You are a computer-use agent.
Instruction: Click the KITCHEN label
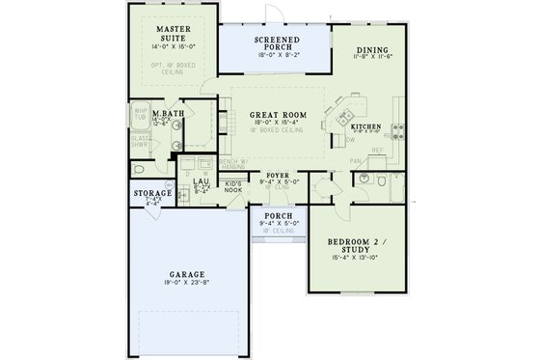366,127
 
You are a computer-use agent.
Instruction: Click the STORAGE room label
152,194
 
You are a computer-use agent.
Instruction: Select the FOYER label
277,177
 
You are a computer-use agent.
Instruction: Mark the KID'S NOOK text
233,185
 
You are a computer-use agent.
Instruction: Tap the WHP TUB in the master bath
141,113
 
